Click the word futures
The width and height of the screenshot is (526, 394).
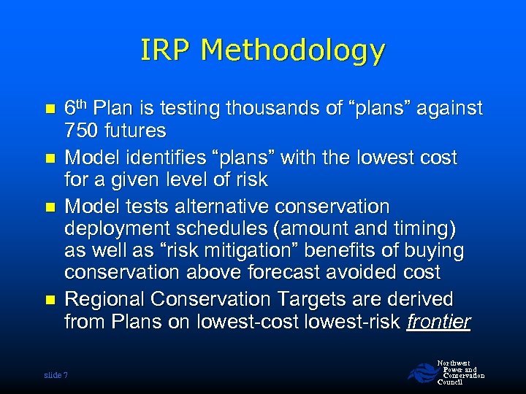point(135,131)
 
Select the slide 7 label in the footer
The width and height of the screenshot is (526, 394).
point(56,375)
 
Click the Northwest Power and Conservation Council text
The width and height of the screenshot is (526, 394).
point(460,372)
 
